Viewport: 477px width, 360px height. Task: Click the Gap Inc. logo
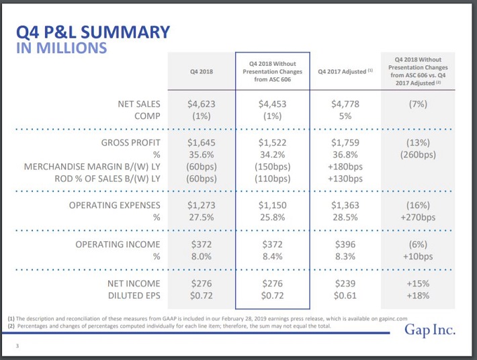pyautogui.click(x=430, y=330)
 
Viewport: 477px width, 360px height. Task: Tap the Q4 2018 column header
pyautogui.click(x=202, y=72)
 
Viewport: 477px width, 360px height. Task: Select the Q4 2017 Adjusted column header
pyautogui.click(x=345, y=71)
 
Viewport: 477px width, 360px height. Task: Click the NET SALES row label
pyautogui.click(x=139, y=104)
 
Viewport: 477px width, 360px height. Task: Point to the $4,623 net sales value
pyautogui.click(x=202, y=104)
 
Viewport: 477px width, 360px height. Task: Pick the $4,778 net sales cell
pyautogui.click(x=345, y=104)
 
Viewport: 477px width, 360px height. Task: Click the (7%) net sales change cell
pyautogui.click(x=418, y=104)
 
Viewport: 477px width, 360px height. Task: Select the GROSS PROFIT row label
pyautogui.click(x=131, y=142)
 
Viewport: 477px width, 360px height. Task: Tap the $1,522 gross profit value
pyautogui.click(x=273, y=142)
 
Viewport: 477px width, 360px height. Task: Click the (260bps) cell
pyautogui.click(x=418, y=154)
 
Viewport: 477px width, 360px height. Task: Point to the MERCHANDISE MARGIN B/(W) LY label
pyautogui.click(x=92, y=167)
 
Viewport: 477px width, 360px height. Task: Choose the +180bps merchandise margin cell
pyautogui.click(x=345, y=167)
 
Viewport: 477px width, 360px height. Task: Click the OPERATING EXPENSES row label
pyautogui.click(x=115, y=206)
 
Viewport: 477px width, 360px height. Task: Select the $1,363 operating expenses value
pyautogui.click(x=345, y=206)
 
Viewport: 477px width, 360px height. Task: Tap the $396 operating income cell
pyautogui.click(x=345, y=244)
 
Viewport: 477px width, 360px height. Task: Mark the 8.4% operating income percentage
pyautogui.click(x=273, y=257)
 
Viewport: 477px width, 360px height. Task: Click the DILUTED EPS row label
pyautogui.click(x=134, y=296)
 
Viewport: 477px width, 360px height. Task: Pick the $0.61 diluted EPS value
pyautogui.click(x=345, y=296)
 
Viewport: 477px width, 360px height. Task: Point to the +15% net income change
pyautogui.click(x=418, y=283)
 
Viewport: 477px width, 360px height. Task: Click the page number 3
pyautogui.click(x=17, y=346)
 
